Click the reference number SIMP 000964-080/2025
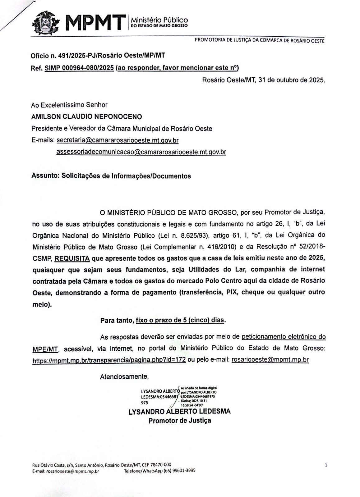[79, 68]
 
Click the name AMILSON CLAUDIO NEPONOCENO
[87, 117]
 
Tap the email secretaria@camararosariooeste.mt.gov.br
[118, 140]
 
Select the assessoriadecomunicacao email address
[141, 152]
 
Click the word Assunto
[45, 176]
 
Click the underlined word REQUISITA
[72, 258]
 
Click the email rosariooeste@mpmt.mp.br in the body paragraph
[270, 360]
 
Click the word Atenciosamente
[124, 377]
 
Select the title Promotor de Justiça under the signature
[180, 421]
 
